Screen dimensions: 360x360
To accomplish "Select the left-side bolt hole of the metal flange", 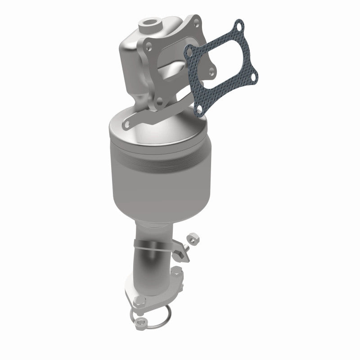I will tap(146, 44).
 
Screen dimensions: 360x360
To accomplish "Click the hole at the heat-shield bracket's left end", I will tap(129, 122).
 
